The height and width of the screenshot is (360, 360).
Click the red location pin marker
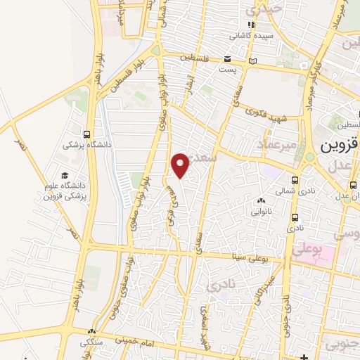pyautogui.click(x=181, y=165)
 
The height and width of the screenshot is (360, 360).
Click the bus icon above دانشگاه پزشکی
pyautogui.click(x=86, y=134)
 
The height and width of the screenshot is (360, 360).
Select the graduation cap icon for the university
pyautogui.click(x=65, y=176)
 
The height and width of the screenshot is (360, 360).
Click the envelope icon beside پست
pyautogui.click(x=227, y=59)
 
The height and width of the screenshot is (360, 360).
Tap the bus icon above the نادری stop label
pyautogui.click(x=294, y=217)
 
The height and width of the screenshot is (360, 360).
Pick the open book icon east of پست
pyautogui.click(x=253, y=61)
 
